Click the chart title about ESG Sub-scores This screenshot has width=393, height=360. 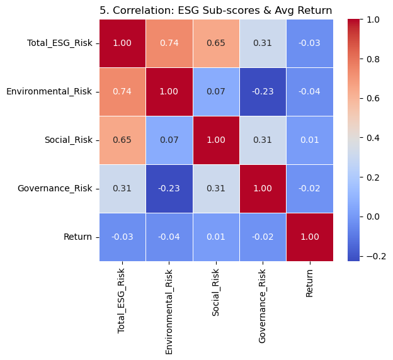(x=215, y=11)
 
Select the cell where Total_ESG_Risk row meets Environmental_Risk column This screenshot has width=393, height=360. (x=169, y=43)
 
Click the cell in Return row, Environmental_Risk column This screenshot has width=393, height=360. (x=169, y=237)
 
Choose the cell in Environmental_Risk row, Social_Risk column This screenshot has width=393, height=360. (x=216, y=91)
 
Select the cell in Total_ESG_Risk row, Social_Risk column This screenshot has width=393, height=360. (x=216, y=43)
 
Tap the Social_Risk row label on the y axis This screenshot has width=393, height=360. (x=67, y=140)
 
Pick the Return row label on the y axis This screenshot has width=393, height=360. (x=77, y=237)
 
